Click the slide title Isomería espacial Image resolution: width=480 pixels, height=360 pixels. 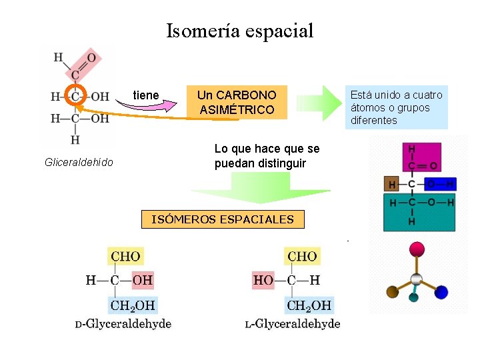[x=239, y=31]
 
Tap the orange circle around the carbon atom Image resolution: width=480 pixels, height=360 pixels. [x=75, y=96]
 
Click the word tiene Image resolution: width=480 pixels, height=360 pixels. [x=146, y=95]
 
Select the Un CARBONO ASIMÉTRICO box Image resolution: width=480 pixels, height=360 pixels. [x=237, y=102]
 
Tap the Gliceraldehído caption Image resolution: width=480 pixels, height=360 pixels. [x=79, y=162]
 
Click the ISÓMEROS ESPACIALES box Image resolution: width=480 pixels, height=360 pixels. [x=223, y=219]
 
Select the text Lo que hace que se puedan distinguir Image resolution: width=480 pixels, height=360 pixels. [x=267, y=155]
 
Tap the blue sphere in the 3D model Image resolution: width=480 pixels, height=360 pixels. [x=441, y=291]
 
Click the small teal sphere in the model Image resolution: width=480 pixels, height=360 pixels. [x=413, y=297]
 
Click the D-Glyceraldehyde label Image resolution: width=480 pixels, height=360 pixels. [x=123, y=324]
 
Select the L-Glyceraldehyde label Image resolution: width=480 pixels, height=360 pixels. [x=293, y=324]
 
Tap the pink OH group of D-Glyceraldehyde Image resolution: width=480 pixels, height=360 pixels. [x=143, y=280]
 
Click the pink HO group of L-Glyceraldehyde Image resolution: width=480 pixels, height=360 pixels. [x=263, y=280]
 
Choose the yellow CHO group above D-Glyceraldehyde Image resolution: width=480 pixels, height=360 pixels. [x=125, y=256]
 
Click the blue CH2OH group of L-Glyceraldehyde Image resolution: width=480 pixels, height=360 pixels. [x=309, y=306]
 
